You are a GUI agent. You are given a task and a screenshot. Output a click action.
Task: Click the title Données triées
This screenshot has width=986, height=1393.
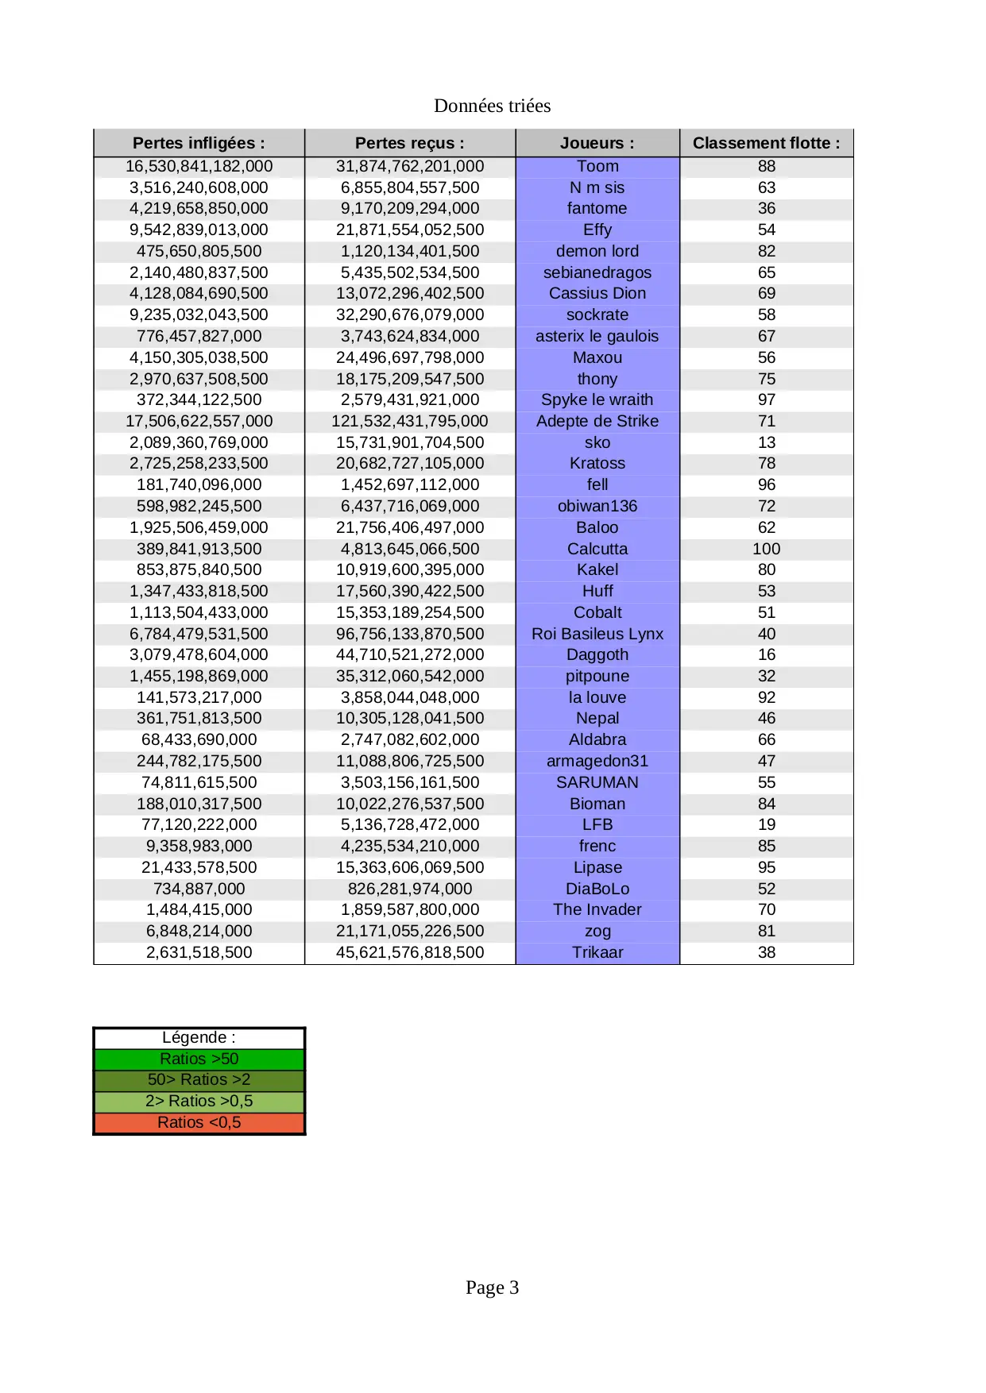point(492,106)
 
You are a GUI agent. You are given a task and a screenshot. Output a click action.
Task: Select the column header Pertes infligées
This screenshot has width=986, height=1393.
point(199,143)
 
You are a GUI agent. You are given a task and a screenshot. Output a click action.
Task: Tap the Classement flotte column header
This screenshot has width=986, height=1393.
point(766,143)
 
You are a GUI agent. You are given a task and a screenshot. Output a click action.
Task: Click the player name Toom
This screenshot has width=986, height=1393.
point(597,166)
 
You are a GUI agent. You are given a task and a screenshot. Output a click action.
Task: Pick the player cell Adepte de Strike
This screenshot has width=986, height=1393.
point(597,421)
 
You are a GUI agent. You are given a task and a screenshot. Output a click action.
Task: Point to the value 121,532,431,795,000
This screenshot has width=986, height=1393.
point(410,421)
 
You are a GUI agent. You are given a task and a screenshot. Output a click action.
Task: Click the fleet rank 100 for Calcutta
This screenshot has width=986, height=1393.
point(766,549)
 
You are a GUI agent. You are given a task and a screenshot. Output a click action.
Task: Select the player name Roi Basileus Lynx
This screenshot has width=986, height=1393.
point(597,634)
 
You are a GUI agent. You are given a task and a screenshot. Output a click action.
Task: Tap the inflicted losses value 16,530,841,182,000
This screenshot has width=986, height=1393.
point(199,166)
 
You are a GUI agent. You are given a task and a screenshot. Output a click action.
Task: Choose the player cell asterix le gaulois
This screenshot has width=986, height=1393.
point(597,336)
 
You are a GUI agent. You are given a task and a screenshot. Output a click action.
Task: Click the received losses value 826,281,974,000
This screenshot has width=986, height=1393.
point(410,889)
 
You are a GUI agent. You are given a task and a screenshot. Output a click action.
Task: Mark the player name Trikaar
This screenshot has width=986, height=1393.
point(597,952)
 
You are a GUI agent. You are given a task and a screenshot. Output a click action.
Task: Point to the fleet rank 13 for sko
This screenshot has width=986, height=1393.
point(766,442)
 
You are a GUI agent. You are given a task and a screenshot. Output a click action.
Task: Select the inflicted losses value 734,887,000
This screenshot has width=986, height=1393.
point(199,889)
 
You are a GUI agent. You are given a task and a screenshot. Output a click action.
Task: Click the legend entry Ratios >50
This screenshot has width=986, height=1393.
point(199,1059)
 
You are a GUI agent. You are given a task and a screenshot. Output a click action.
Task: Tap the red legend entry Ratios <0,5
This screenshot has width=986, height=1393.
point(199,1122)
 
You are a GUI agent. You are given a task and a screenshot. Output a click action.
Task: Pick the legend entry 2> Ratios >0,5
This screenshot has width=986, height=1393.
point(199,1101)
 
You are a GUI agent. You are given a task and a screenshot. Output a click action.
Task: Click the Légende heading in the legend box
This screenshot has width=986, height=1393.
point(199,1037)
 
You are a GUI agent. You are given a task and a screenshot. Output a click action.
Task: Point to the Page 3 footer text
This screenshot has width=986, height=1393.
point(492,1287)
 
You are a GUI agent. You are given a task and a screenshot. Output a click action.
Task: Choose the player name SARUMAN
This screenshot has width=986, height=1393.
point(597,782)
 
